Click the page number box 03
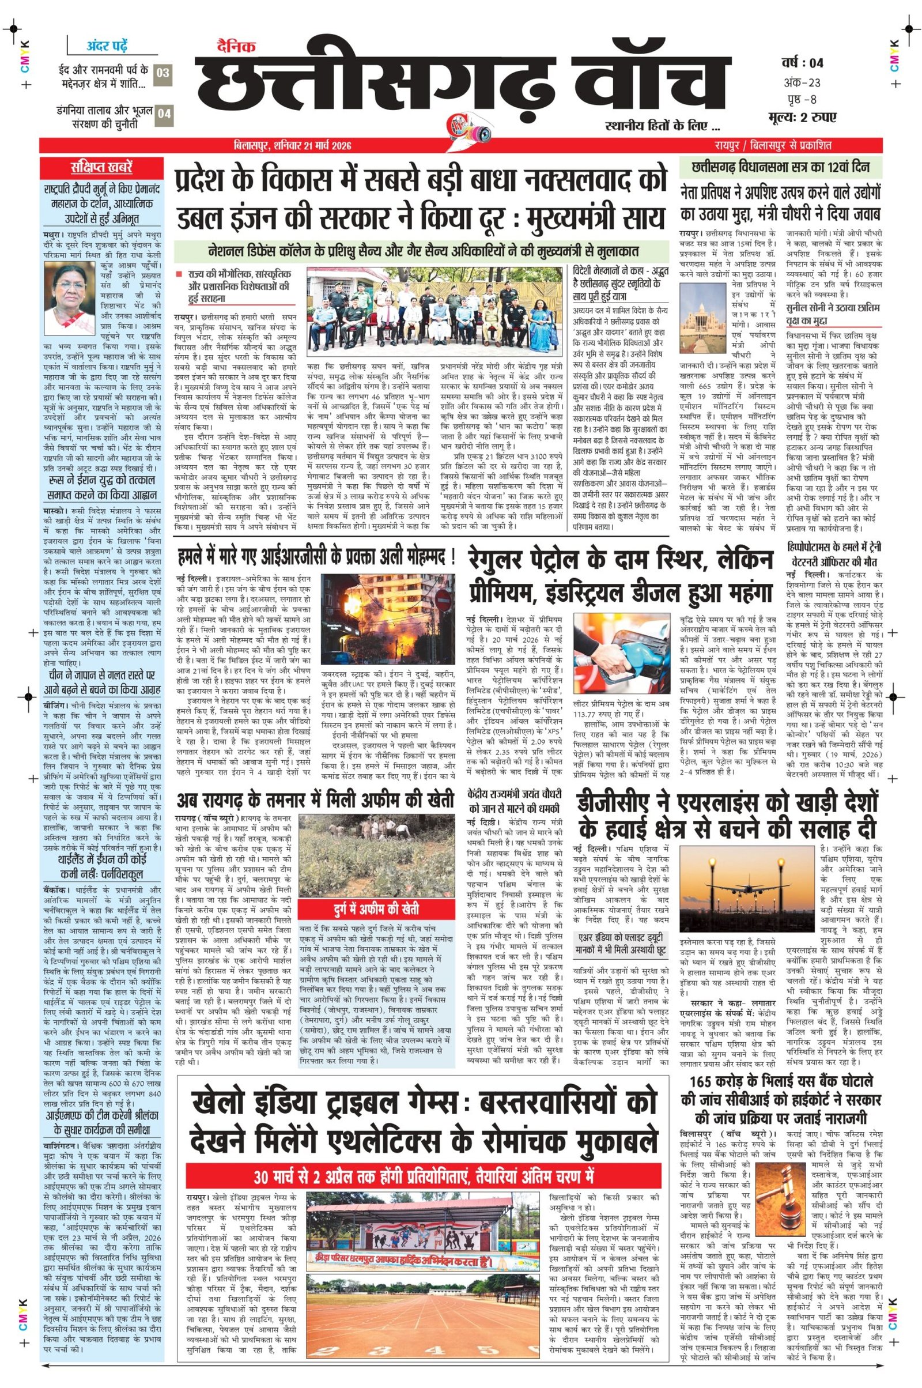(164, 73)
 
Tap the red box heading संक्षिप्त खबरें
(101, 168)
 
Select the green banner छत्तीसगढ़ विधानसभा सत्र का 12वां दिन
(781, 167)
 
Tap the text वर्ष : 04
(802, 63)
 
